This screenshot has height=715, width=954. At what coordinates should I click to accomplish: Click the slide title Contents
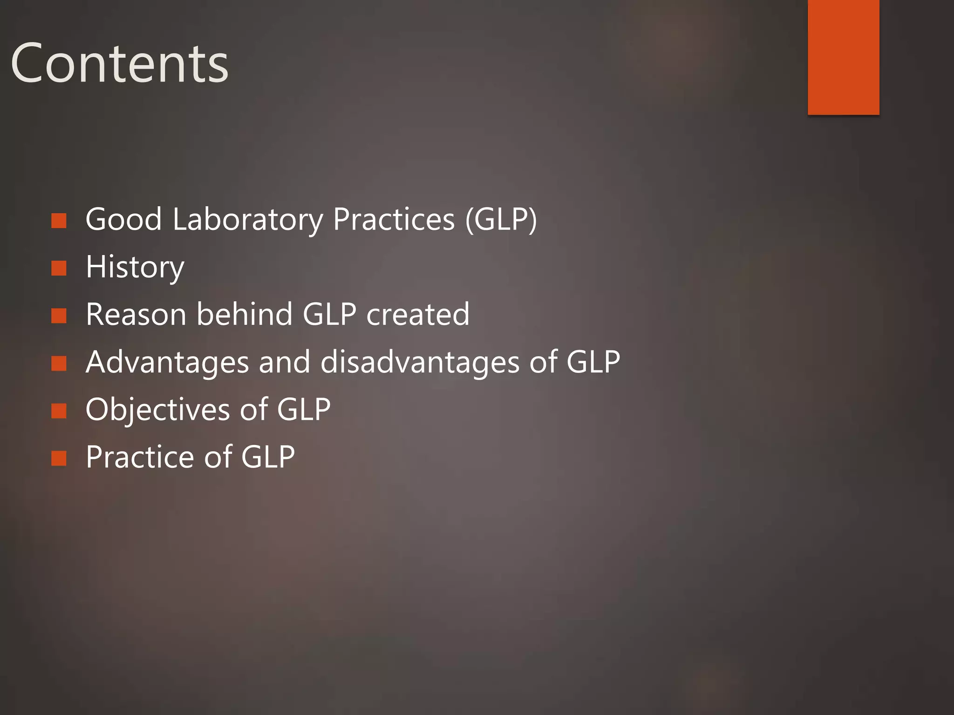119,63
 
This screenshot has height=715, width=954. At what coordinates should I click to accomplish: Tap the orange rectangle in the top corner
843,57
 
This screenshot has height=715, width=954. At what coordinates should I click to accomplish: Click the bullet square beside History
59,268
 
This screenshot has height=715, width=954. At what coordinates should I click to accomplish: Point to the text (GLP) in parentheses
501,219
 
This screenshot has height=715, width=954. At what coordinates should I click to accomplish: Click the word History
135,267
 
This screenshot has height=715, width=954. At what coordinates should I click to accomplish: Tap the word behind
245,315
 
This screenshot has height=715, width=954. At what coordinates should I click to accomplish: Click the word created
418,315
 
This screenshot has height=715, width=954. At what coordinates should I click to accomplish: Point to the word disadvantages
420,363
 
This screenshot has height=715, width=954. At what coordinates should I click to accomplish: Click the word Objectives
158,410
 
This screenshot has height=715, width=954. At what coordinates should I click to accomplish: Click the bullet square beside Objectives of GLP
59,411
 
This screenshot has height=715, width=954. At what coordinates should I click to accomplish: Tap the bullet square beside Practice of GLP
59,459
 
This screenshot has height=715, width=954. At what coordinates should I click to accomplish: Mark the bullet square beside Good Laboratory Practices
59,221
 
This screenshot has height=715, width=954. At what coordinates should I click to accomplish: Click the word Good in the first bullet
124,219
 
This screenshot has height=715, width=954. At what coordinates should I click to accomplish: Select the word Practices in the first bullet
394,219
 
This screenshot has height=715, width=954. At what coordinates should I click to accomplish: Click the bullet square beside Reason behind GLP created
59,316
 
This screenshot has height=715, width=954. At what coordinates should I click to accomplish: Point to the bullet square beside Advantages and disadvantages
59,364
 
